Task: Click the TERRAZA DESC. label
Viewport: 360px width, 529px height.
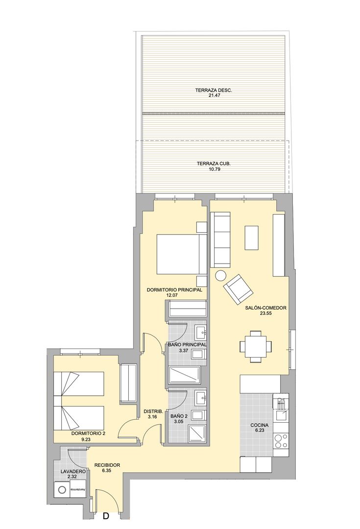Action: coord(213,91)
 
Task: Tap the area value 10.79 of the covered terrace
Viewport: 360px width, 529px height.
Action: coord(213,169)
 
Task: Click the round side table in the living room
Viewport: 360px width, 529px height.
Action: coord(220,276)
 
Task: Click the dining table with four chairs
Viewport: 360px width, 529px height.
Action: coord(255,346)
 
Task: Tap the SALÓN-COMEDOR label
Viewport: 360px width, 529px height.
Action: coord(265,308)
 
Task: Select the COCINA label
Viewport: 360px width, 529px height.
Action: coord(259,425)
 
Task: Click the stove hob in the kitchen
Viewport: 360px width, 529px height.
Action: coord(281,440)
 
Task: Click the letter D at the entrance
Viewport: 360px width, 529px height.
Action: coord(106,516)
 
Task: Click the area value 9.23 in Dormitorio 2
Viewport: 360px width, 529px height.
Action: coord(86,439)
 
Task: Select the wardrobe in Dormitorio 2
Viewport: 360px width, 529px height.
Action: coord(128,384)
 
